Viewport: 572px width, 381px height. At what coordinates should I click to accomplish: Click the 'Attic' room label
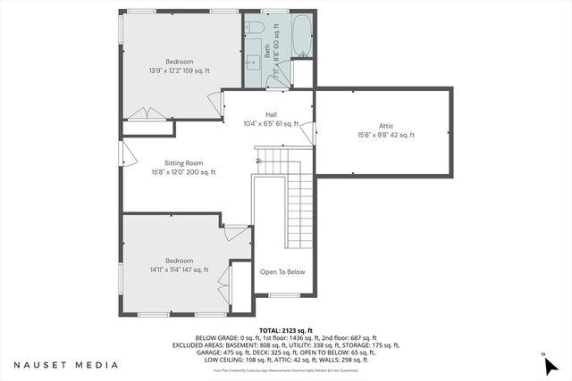pyautogui.click(x=386, y=126)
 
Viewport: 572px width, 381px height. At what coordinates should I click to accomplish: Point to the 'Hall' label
pyautogui.click(x=271, y=114)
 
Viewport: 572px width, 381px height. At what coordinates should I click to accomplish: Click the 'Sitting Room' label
pyautogui.click(x=176, y=162)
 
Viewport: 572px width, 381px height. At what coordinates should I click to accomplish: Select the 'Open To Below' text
pyautogui.click(x=282, y=272)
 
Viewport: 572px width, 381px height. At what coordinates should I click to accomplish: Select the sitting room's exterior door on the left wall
pyautogui.click(x=127, y=157)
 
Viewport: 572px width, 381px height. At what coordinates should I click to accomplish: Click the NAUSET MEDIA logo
pyautogui.click(x=65, y=365)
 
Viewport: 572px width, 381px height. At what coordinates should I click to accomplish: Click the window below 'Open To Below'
pyautogui.click(x=283, y=295)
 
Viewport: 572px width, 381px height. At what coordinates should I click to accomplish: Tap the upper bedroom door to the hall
pyautogui.click(x=214, y=104)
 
